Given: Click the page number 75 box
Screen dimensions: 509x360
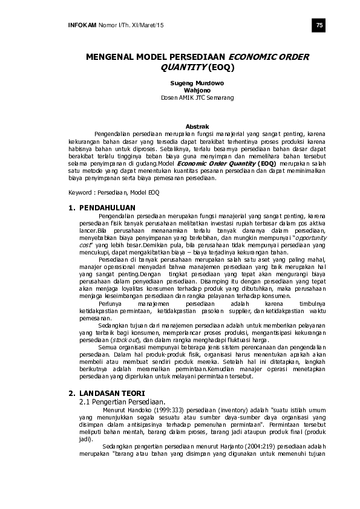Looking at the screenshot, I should tap(320, 24).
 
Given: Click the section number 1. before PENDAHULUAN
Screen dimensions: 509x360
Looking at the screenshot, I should tap(72, 208).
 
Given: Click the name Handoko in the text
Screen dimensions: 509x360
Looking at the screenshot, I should tap(121, 410).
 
